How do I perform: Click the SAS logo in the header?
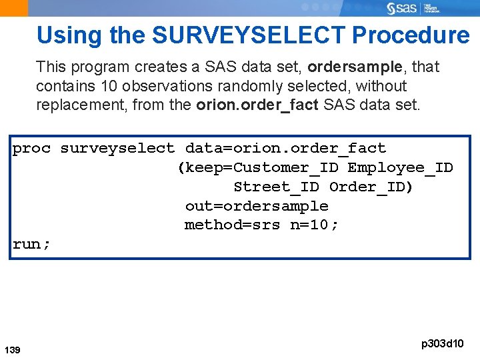[403, 8]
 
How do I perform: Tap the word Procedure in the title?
[411, 35]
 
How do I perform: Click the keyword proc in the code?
[31, 149]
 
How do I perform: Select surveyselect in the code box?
[117, 149]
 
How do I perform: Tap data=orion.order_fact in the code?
[285, 149]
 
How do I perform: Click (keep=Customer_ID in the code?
[257, 167]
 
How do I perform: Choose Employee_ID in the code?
[400, 167]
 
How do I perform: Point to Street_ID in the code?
[276, 187]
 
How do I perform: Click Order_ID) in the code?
[371, 187]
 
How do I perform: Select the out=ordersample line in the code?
[257, 206]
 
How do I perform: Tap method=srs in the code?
[232, 225]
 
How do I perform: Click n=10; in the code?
[314, 225]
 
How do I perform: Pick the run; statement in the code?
[31, 244]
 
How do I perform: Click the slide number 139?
[12, 349]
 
